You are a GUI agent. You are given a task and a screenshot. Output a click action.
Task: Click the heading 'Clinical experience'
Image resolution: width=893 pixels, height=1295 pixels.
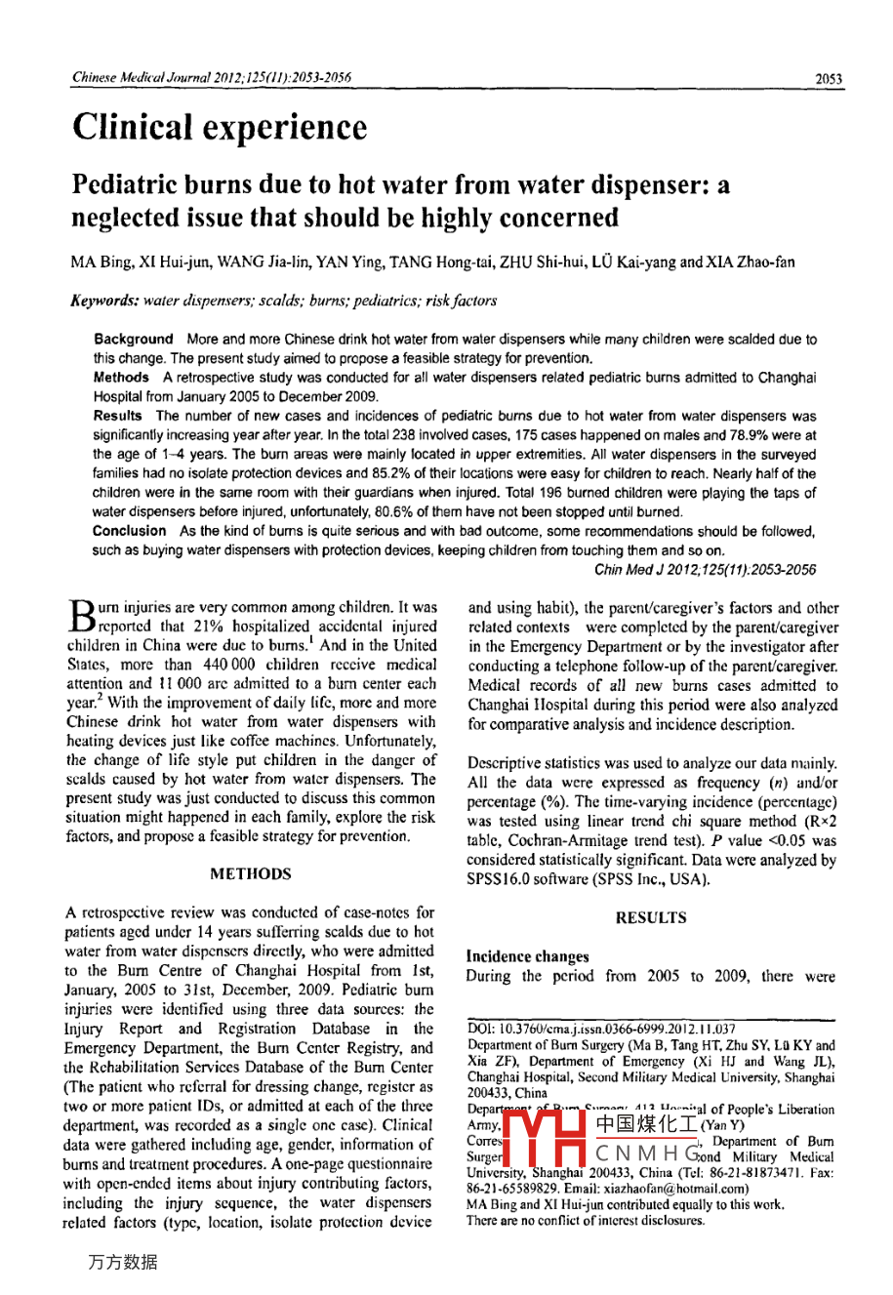pyautogui.click(x=220, y=128)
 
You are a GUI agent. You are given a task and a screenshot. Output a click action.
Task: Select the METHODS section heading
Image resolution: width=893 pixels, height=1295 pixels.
pyautogui.click(x=251, y=874)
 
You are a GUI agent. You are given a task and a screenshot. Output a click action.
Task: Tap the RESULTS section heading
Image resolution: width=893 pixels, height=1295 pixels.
pyautogui.click(x=651, y=918)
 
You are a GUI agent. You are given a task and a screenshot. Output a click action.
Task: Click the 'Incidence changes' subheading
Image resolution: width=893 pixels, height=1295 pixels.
pyautogui.click(x=527, y=957)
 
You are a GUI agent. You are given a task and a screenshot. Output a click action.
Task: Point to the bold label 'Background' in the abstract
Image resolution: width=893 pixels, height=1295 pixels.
pyautogui.click(x=133, y=340)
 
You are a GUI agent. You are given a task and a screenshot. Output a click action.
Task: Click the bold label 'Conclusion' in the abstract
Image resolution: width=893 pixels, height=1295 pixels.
pyautogui.click(x=129, y=531)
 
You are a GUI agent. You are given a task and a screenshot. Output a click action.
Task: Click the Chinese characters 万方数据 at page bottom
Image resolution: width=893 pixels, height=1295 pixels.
pyautogui.click(x=122, y=1262)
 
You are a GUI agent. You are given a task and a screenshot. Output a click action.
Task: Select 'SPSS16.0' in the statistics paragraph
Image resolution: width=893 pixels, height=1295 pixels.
pyautogui.click(x=499, y=879)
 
